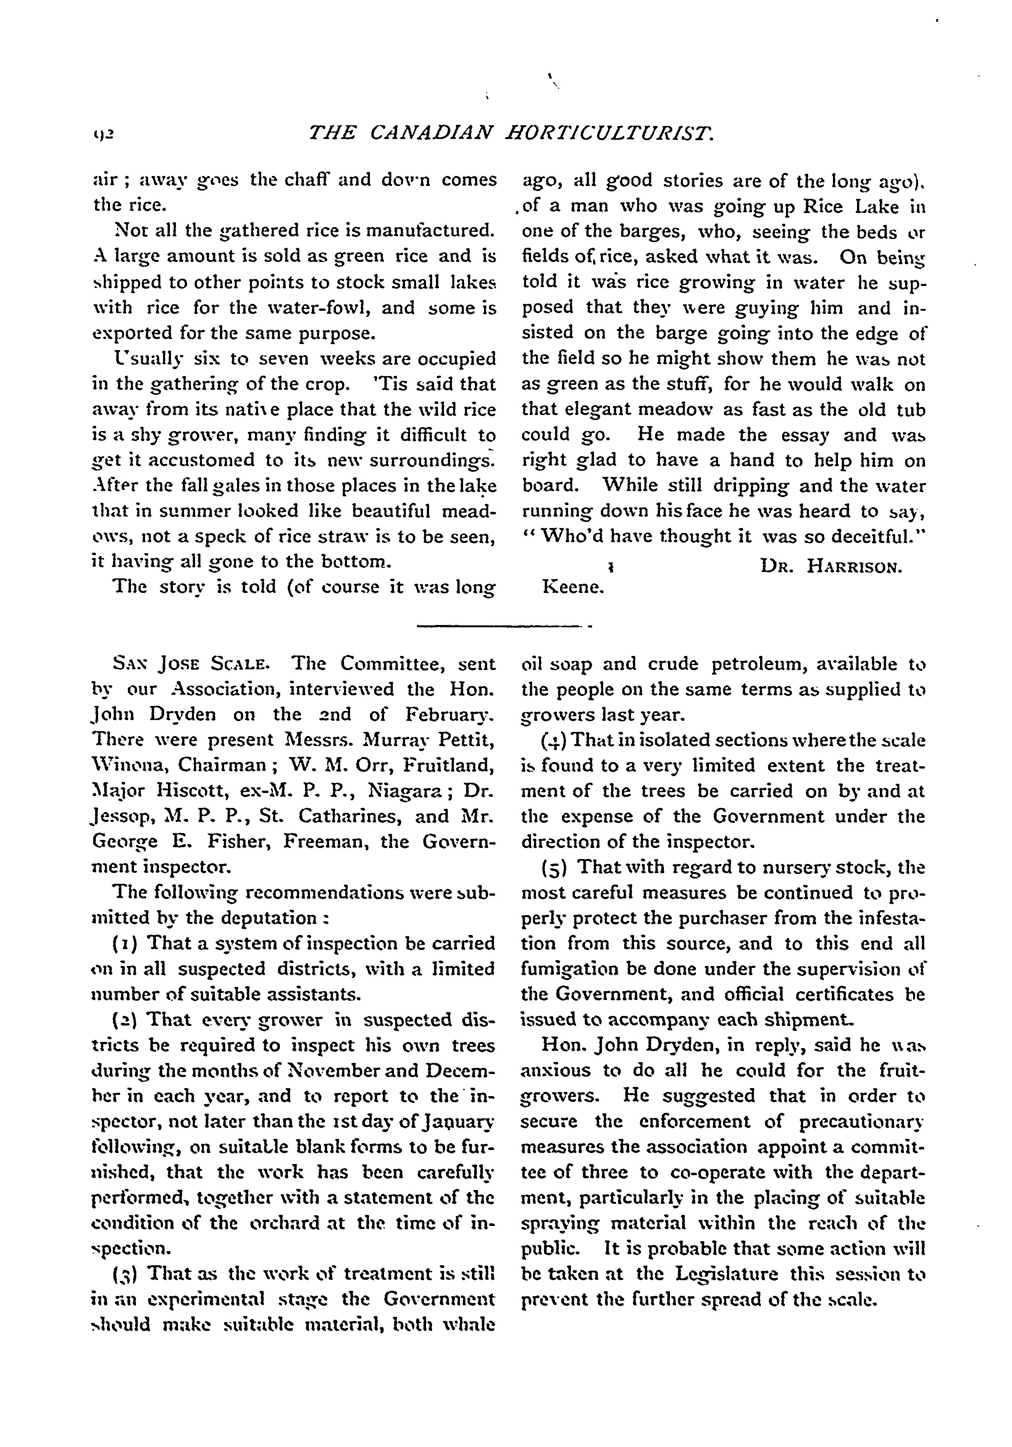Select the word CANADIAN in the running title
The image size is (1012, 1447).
click(x=431, y=133)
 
